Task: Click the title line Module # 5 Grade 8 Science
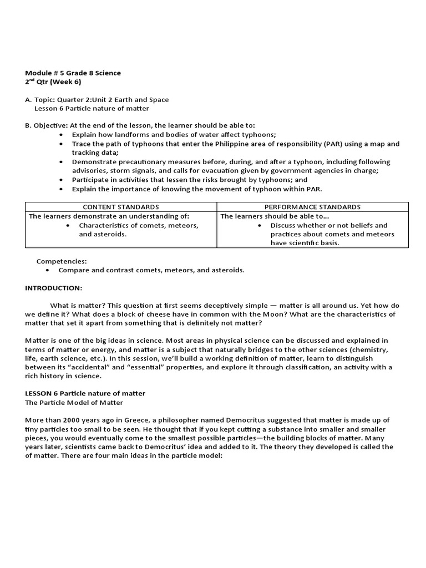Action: pyautogui.click(x=73, y=73)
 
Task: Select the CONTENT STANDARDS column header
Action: pyautogui.click(x=120, y=207)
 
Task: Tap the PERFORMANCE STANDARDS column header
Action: pyautogui.click(x=312, y=207)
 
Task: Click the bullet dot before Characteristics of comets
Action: pyautogui.click(x=67, y=226)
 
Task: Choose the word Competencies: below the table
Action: pyautogui.click(x=62, y=261)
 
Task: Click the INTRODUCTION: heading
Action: pyautogui.click(x=53, y=288)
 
